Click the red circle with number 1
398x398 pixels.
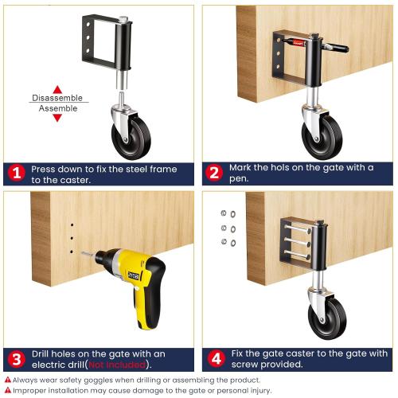[17, 174]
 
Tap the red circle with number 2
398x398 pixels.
[214, 173]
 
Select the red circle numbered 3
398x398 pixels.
[17, 360]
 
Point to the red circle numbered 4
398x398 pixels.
[217, 359]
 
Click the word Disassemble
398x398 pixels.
[57, 98]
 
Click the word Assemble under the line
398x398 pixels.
[58, 108]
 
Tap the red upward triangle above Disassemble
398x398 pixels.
[57, 89]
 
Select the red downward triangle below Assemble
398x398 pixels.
[57, 118]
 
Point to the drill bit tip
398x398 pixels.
[82, 253]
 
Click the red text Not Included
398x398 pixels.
[117, 365]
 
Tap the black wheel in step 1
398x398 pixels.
[132, 138]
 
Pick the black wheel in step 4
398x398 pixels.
[328, 318]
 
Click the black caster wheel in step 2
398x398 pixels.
[322, 138]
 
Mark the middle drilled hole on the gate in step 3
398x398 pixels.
[72, 238]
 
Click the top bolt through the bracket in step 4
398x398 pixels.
[297, 228]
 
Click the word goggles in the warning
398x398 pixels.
[97, 380]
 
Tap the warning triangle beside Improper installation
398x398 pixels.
[8, 390]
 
